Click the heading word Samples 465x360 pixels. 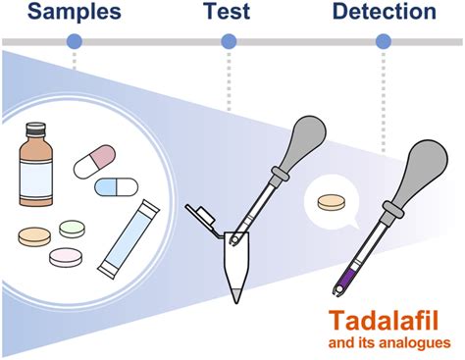71,13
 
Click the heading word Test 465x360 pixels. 228,13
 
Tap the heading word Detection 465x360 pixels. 384,13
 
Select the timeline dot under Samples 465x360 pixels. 74,41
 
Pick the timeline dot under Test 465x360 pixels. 229,41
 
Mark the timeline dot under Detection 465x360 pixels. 383,41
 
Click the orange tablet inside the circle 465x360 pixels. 35,235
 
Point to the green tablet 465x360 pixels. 74,228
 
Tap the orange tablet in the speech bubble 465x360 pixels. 332,202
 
